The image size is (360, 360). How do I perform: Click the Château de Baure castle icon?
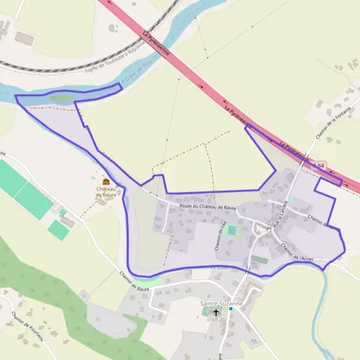pos(106,182)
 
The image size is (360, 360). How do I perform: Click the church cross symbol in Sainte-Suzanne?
pos(217,313)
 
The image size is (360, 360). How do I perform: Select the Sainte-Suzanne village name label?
pos(221,304)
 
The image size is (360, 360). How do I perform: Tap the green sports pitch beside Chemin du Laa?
pos(232,230)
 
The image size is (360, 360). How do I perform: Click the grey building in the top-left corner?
pos(24,38)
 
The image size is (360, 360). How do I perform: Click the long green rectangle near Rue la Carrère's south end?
pos(259,259)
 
